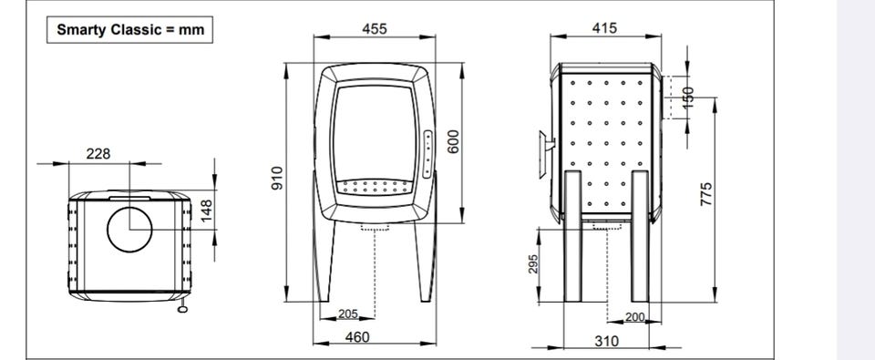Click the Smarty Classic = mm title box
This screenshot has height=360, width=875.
pos(129,29)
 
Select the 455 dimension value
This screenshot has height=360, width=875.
pos(374,28)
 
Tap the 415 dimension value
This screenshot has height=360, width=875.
pos(605,27)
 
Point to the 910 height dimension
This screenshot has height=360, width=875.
pos(277,178)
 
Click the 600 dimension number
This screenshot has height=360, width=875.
pos(453,141)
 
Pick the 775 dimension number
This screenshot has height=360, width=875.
pos(705,194)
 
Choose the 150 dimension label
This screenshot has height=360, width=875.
pos(688,98)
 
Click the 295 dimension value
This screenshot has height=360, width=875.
pos(533,264)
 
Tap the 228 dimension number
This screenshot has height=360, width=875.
pos(98,153)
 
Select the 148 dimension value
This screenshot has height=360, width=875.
pos(207,211)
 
